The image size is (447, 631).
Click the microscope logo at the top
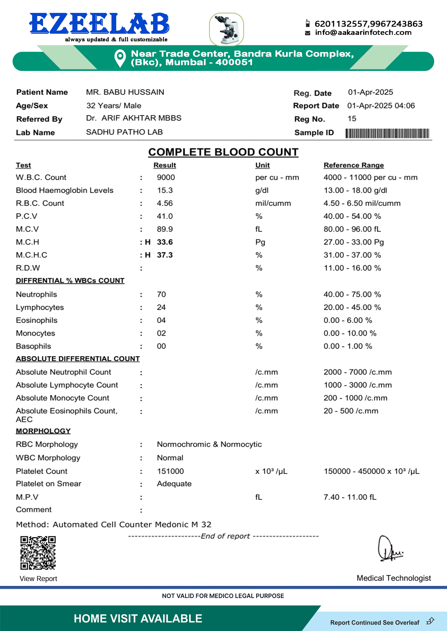tap(227, 29)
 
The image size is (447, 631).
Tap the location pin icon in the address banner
tap(120, 58)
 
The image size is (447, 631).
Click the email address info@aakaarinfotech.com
tap(363, 33)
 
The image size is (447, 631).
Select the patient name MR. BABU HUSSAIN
tap(125, 92)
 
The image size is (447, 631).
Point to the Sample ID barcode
tap(387, 133)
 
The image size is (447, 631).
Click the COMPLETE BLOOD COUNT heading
tap(223, 152)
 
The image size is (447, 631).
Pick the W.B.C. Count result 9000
tap(166, 177)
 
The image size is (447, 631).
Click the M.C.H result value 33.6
tap(165, 242)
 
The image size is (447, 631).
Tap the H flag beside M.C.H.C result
tap(148, 255)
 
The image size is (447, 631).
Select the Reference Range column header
tap(354, 165)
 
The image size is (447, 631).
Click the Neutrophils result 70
tap(161, 295)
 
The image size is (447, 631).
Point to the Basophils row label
tap(33, 346)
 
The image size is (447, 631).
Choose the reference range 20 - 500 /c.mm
tap(351, 411)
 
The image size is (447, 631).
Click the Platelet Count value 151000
tap(171, 471)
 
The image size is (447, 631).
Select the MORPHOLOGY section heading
tap(43, 431)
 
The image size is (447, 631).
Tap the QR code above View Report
tap(38, 553)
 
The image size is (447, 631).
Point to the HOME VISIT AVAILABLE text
tap(138, 619)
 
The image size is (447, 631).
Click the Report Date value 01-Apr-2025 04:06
tap(381, 106)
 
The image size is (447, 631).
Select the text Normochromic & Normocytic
tap(209, 444)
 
